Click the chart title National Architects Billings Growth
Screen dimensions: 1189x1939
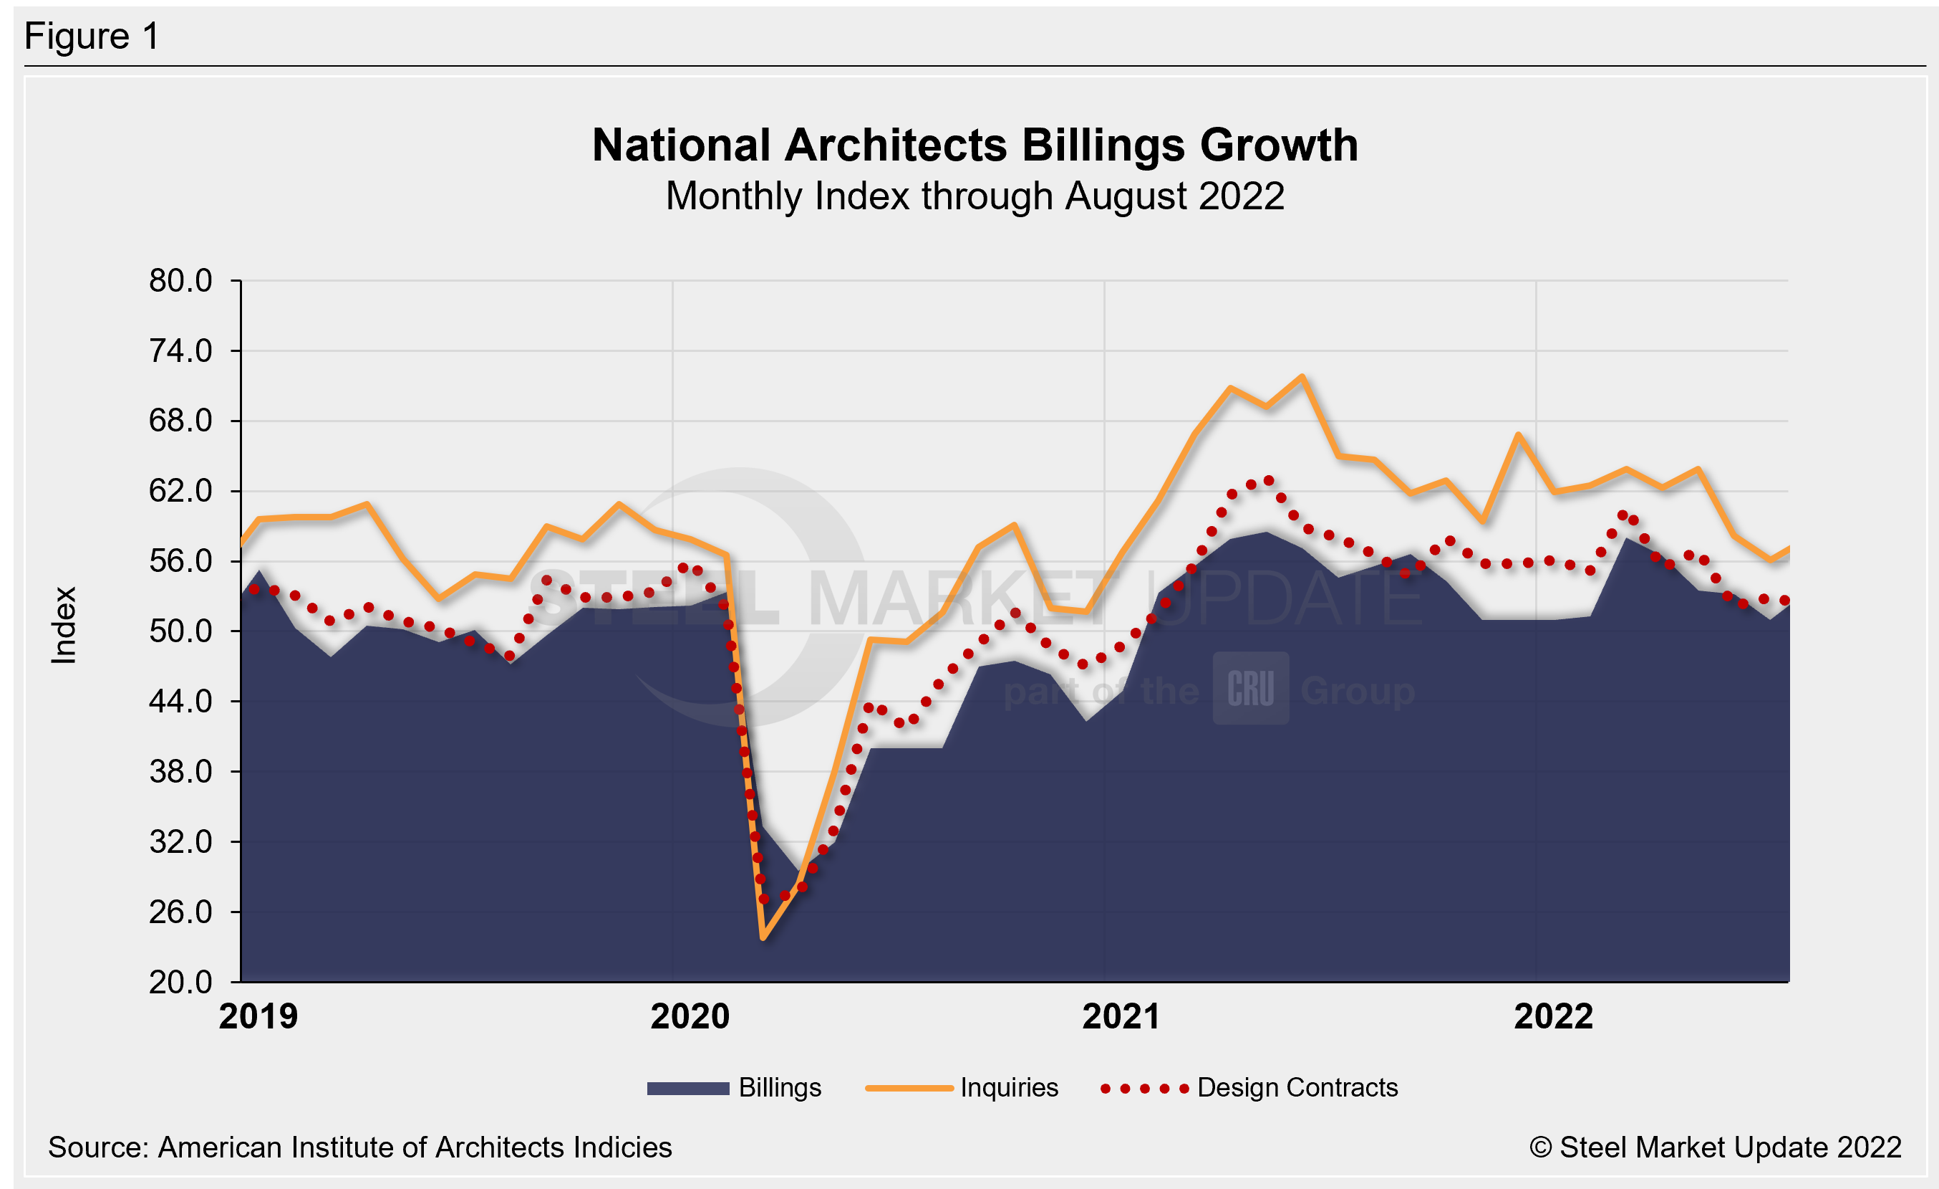click(x=975, y=145)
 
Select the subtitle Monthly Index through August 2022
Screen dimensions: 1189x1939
click(x=975, y=196)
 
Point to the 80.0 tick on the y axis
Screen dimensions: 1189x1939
click(x=180, y=281)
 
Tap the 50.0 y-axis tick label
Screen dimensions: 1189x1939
click(x=180, y=631)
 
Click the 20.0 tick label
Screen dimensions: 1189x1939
click(x=180, y=983)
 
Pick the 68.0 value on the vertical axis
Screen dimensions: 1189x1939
click(x=180, y=421)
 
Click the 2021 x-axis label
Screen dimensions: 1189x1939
click(x=1121, y=1016)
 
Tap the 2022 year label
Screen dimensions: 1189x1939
click(x=1552, y=1016)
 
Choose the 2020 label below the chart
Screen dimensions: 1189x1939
click(x=690, y=1016)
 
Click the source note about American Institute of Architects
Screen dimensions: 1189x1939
click(x=359, y=1148)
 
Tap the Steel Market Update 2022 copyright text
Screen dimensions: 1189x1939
click(x=1715, y=1148)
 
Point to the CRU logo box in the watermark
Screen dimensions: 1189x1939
click(x=1250, y=688)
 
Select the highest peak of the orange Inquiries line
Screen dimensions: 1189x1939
click(x=1302, y=376)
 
